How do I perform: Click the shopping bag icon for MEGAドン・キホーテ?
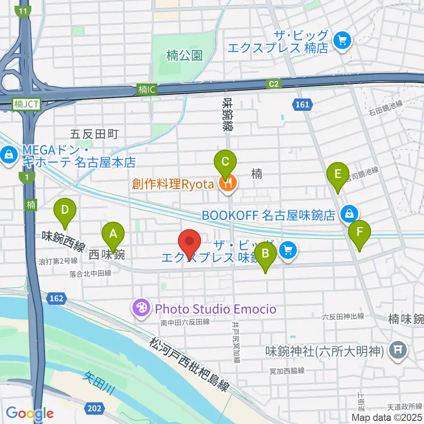(x=8, y=155)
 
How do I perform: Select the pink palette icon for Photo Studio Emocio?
(x=141, y=308)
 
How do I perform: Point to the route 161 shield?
(x=302, y=105)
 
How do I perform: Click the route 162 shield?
(x=57, y=299)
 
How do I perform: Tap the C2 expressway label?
(x=274, y=83)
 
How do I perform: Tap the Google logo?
(x=30, y=413)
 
